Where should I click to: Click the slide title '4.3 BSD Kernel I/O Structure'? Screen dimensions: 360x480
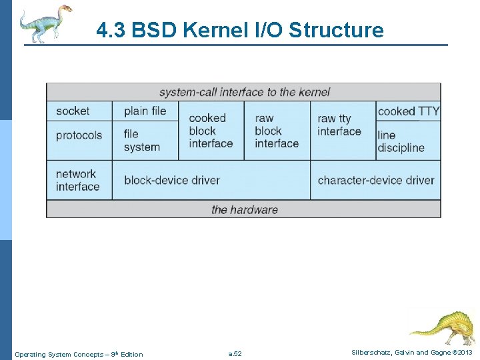(x=240, y=30)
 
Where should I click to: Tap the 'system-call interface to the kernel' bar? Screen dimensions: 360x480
(x=243, y=92)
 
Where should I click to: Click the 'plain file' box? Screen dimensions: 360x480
(x=145, y=111)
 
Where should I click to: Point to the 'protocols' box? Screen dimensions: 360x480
(x=79, y=135)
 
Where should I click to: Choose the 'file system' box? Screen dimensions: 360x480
(x=142, y=141)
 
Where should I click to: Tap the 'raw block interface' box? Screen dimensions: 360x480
(x=277, y=131)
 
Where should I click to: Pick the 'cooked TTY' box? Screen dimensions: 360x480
(x=408, y=111)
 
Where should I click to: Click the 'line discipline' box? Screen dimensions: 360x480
(x=401, y=141)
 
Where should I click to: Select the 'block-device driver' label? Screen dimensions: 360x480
(x=172, y=180)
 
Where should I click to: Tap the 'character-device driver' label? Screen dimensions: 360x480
(x=375, y=180)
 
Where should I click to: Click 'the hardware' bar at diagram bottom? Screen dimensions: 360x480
(x=243, y=209)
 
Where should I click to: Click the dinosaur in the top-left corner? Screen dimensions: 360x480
(x=44, y=23)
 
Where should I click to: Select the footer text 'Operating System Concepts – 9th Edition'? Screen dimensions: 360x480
(x=79, y=354)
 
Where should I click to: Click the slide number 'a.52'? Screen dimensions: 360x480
(x=235, y=354)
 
